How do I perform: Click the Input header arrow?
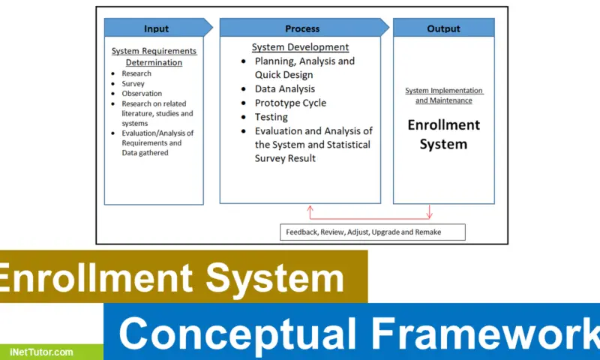(156, 28)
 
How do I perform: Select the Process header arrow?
(303, 28)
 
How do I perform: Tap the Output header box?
(443, 28)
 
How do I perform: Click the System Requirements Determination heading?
(154, 57)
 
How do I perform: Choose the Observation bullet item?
(141, 94)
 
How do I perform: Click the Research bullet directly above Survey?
(136, 73)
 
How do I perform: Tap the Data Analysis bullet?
(285, 89)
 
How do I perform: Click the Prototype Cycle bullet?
(290, 103)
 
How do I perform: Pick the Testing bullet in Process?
(271, 117)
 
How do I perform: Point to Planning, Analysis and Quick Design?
(304, 67)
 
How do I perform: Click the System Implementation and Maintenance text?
(444, 95)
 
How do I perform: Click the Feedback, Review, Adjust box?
(373, 232)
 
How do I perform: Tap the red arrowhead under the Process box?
(308, 208)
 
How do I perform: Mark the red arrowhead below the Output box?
(430, 215)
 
